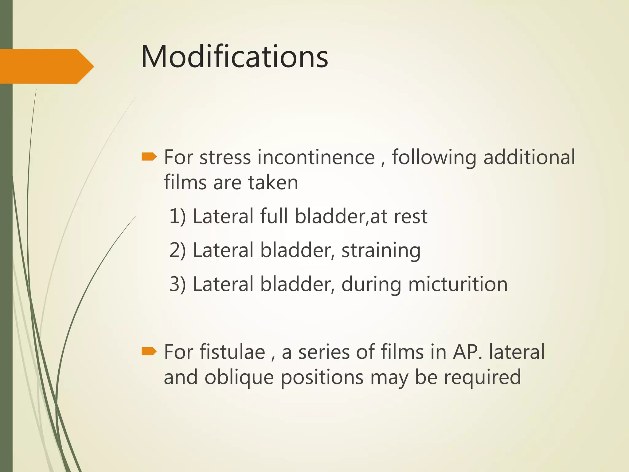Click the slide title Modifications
point(234,57)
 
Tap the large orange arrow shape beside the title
point(46,66)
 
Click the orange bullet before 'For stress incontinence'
point(149,157)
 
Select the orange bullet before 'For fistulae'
point(149,351)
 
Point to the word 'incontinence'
point(316,157)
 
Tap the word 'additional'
point(529,157)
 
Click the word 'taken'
point(273,183)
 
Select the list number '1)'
point(178,216)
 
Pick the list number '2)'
point(178,250)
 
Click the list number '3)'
point(178,284)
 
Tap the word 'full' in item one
point(274,216)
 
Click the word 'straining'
point(381,251)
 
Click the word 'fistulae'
point(232,352)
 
